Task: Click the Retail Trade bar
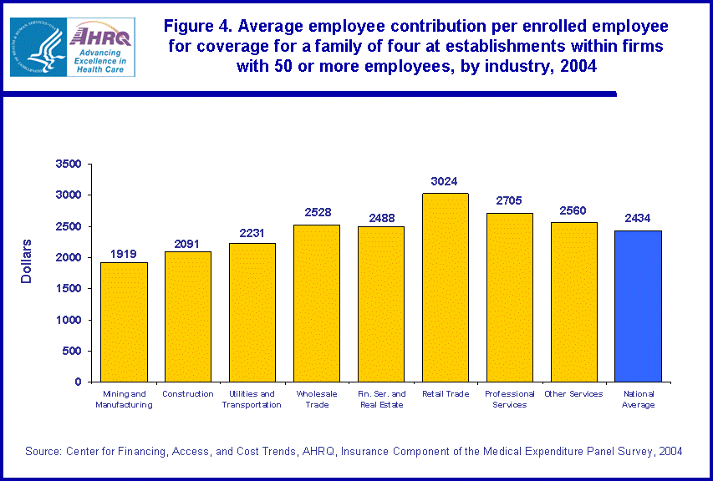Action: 446,287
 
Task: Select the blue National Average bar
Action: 639,306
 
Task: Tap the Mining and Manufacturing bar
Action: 124,322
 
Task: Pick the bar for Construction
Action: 188,316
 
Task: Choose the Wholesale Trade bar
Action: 317,303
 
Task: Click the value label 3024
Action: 445,181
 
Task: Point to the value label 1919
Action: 124,253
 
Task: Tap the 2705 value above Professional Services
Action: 510,201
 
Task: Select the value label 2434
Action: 639,219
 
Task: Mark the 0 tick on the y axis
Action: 77,382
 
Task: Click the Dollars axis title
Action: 27,261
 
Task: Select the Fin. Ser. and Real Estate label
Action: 381,399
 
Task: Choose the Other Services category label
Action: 573,394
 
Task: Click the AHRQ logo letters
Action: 101,36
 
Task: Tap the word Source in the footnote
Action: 43,451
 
